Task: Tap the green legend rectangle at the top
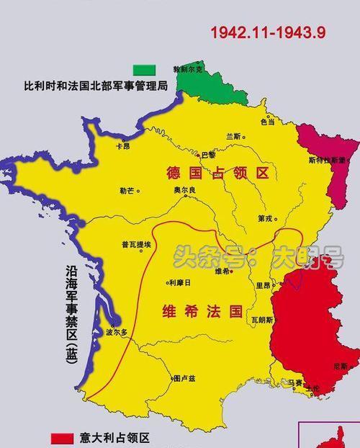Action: click(x=143, y=69)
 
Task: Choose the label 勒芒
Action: click(x=127, y=191)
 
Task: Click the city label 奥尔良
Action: click(x=184, y=190)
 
